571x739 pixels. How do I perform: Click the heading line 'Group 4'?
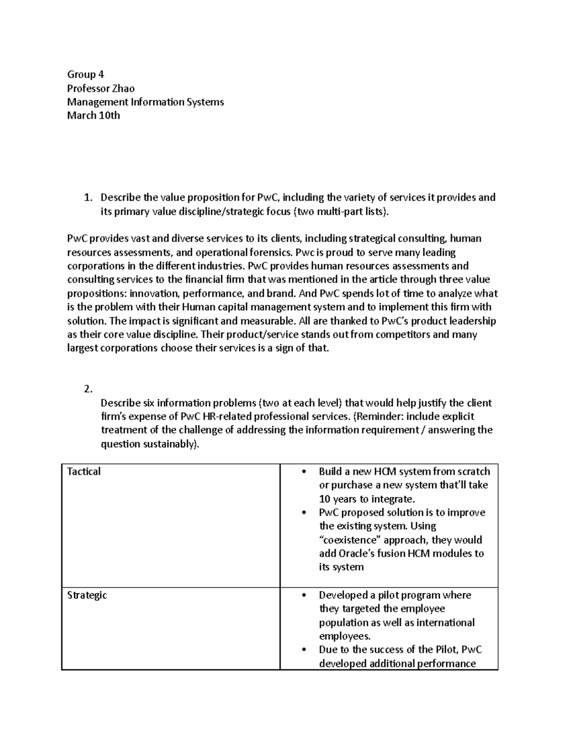click(x=85, y=74)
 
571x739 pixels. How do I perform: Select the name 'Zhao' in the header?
click(x=123, y=88)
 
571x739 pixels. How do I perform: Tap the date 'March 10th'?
click(x=93, y=115)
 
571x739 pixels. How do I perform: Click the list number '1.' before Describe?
click(x=87, y=197)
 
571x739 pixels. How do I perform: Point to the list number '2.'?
click(x=87, y=389)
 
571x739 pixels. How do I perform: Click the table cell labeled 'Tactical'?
click(x=84, y=472)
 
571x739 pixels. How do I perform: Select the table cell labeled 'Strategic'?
click(x=87, y=595)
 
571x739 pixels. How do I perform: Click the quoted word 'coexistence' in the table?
click(x=350, y=540)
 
